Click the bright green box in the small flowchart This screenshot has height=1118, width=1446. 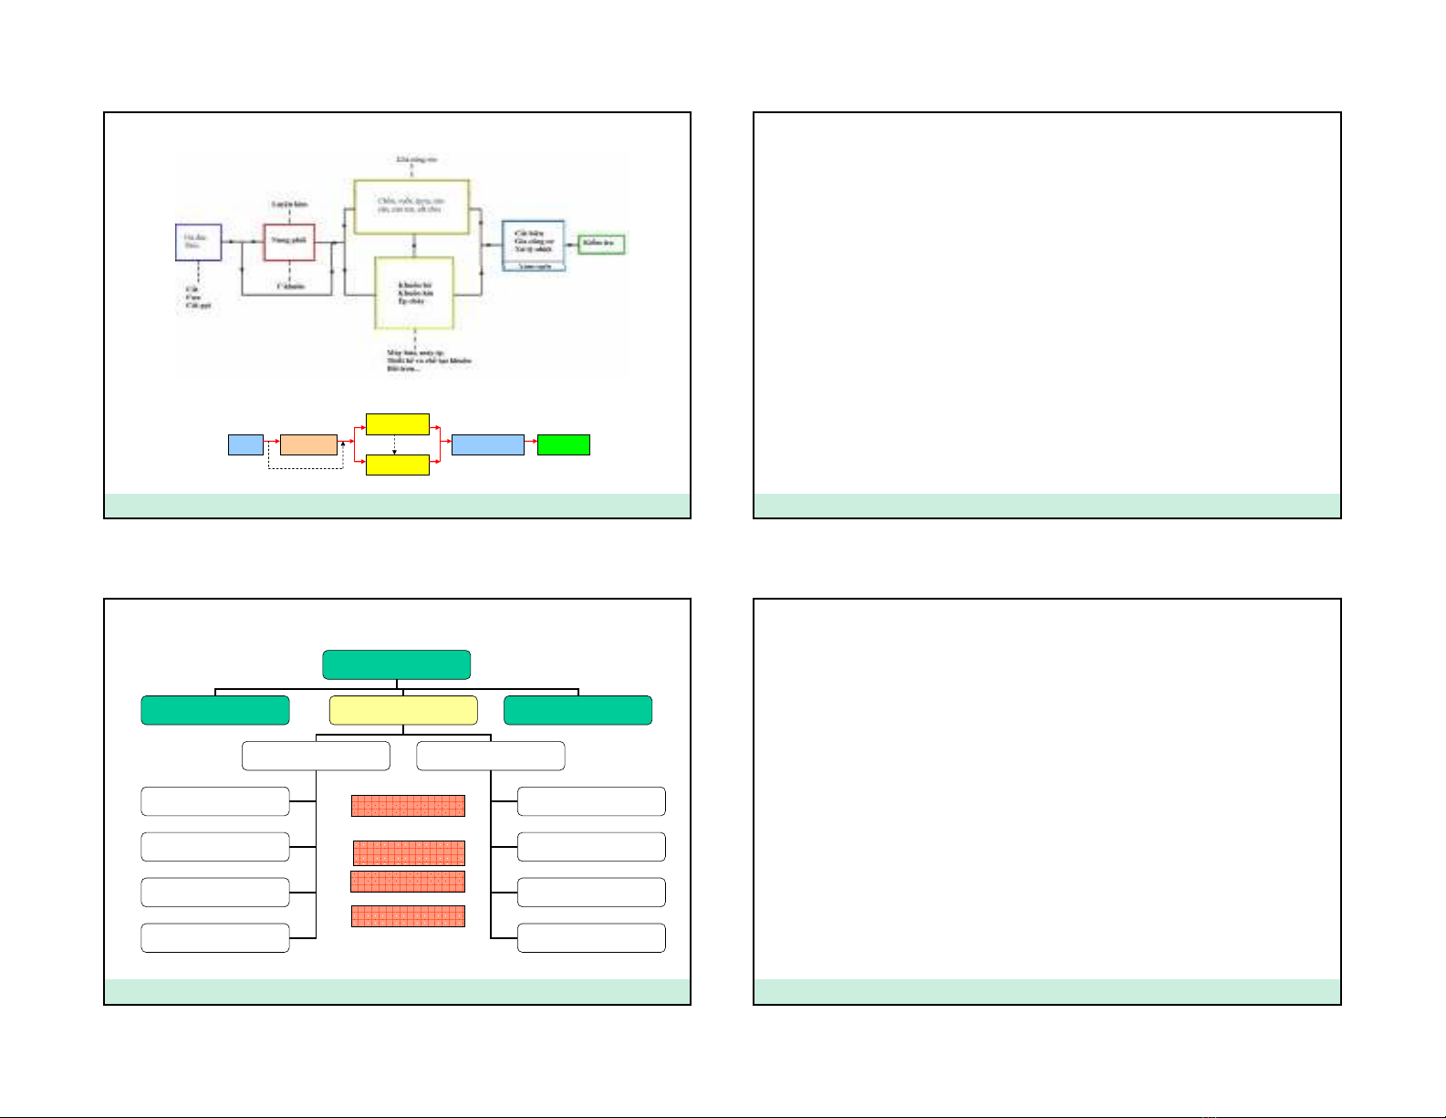point(563,445)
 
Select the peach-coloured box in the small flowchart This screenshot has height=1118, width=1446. point(308,445)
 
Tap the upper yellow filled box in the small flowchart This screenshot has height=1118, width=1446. point(397,424)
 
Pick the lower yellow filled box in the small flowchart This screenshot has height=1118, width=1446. point(397,465)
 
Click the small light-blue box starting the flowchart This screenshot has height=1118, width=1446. point(245,445)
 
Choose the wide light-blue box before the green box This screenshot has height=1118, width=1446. point(488,445)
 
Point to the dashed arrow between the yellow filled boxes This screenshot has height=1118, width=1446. point(394,444)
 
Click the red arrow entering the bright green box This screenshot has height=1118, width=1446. point(531,445)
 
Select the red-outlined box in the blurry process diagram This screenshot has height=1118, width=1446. point(289,242)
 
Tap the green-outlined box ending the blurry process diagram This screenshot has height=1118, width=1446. point(602,244)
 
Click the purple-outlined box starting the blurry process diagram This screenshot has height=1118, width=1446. point(198,243)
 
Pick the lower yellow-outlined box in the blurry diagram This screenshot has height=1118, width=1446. point(415,292)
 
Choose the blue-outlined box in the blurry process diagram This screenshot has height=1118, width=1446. point(534,245)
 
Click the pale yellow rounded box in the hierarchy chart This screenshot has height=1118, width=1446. point(403,710)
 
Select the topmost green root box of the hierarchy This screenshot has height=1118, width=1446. point(397,664)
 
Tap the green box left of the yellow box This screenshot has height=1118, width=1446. point(215,710)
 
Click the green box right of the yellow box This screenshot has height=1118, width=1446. point(578,710)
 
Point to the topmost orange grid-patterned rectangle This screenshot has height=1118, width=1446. point(408,806)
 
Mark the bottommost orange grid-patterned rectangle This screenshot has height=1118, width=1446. point(408,916)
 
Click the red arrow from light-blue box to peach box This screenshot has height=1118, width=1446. point(272,445)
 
